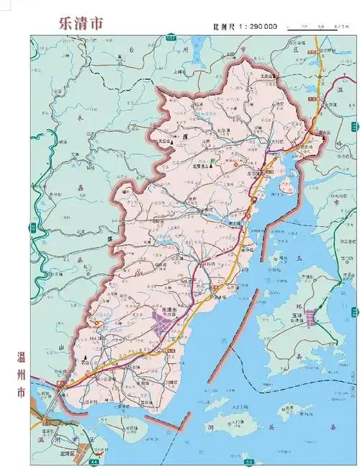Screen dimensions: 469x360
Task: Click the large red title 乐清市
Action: click(x=81, y=22)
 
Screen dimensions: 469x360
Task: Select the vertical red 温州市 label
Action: click(x=21, y=374)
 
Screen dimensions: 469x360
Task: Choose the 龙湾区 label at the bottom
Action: click(x=70, y=455)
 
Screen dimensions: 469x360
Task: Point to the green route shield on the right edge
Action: click(x=355, y=312)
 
